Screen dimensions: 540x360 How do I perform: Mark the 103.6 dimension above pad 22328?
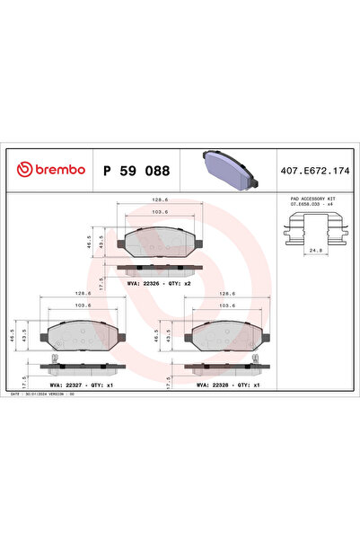[229, 306]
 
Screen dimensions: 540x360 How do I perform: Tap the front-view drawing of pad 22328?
[229, 335]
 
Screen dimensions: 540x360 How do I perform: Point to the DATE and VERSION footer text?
[50, 394]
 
